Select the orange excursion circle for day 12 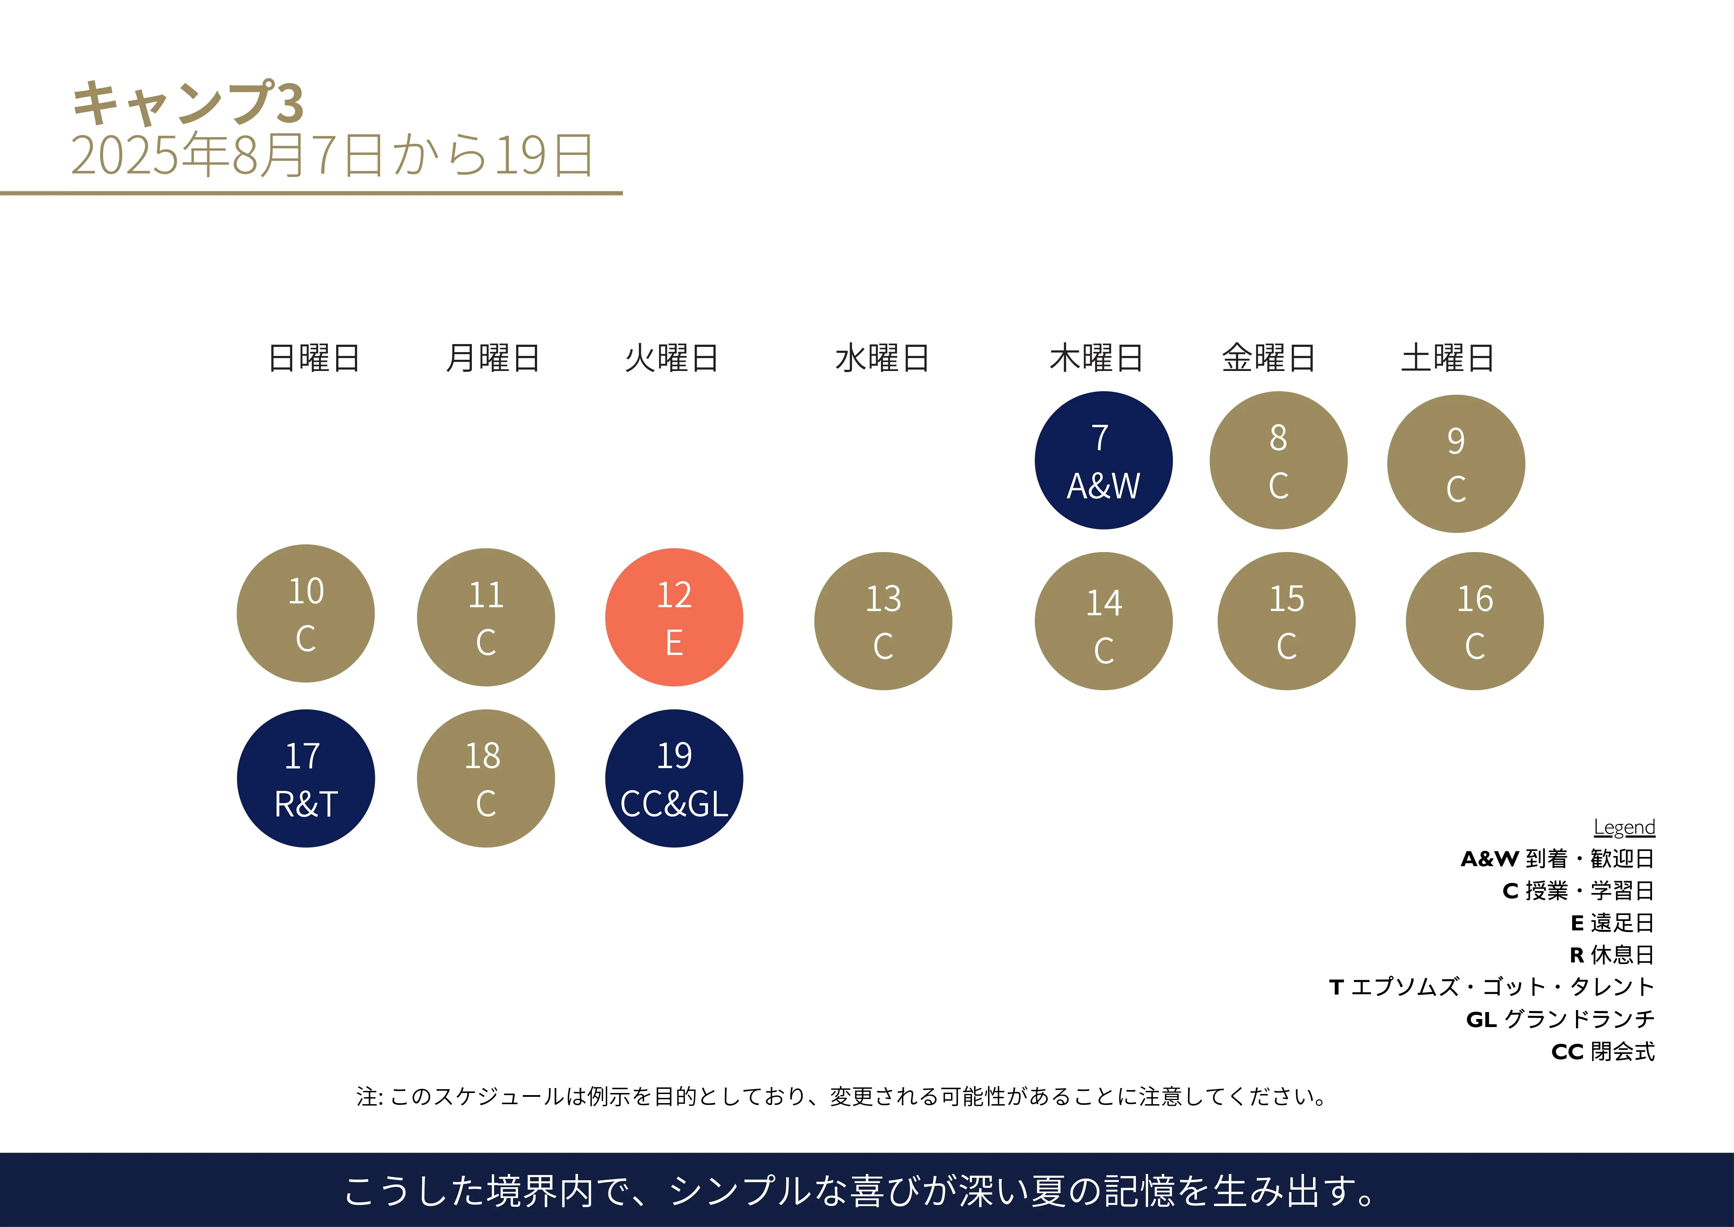coord(674,617)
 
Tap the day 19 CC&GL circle coord(674,778)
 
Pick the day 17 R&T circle coord(306,778)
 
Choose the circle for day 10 coord(306,613)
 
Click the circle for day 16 coord(1474,621)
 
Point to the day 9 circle coord(1455,464)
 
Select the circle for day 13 coord(883,621)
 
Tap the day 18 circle coord(485,778)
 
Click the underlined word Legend coord(1624,827)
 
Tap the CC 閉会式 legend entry coord(1603,1052)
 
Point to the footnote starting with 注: coord(841,1096)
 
